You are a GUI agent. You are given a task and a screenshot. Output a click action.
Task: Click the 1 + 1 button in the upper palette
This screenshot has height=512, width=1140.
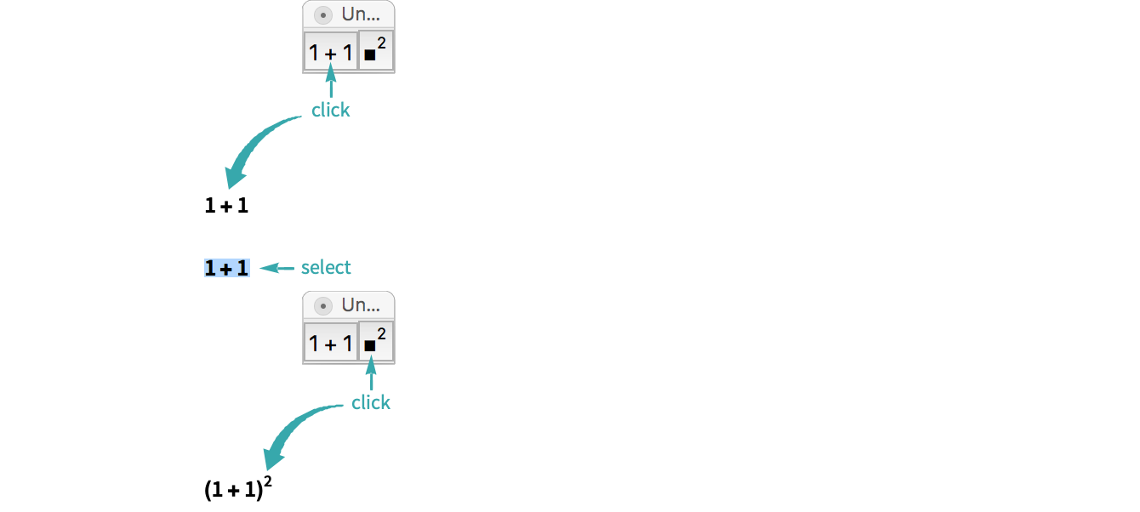pos(331,53)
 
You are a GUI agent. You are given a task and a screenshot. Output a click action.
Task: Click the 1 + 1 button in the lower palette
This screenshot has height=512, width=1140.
pos(331,344)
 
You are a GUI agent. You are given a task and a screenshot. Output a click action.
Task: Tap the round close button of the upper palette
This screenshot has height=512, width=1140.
pos(322,14)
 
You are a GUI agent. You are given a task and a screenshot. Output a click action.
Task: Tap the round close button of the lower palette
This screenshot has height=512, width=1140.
pos(322,305)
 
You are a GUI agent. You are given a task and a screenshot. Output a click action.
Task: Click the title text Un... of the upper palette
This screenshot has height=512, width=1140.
pos(361,14)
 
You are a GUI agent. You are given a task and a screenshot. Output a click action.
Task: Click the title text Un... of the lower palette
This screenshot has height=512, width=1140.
pos(361,305)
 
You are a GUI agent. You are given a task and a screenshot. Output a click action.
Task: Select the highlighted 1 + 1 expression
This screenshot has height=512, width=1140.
pos(227,268)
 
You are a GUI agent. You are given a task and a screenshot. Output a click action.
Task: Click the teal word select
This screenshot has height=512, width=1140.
pos(326,268)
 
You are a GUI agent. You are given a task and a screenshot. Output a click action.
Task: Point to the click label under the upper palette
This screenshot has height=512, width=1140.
pos(330,111)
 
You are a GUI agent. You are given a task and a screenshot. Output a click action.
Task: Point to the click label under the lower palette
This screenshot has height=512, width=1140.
pos(371,402)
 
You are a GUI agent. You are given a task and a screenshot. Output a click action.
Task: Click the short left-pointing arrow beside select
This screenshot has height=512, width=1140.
pos(276,268)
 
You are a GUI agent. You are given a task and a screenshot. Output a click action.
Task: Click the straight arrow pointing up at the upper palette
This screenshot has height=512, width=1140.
pos(331,86)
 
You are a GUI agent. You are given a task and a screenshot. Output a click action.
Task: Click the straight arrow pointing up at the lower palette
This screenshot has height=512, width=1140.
pos(371,377)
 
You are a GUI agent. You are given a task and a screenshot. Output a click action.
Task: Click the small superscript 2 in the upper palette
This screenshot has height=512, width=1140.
pos(382,43)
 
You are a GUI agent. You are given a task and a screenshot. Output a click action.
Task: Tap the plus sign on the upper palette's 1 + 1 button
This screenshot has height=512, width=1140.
pos(331,54)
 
